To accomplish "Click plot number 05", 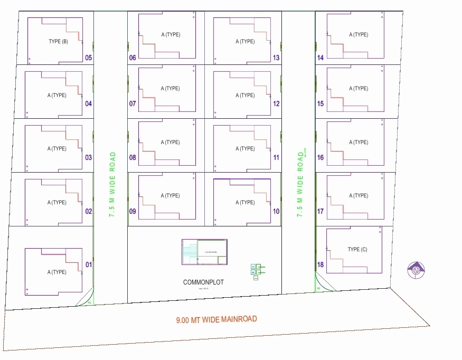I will (x=88, y=58).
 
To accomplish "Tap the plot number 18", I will (x=320, y=264).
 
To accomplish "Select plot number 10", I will (x=276, y=211).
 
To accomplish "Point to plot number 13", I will (x=276, y=58).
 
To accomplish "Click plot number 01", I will (x=88, y=264).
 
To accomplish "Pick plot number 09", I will (x=133, y=211).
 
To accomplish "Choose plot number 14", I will (x=320, y=58).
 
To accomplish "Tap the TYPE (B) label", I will (x=58, y=42).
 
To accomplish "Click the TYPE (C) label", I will (x=357, y=250).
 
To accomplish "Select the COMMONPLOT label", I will (x=203, y=282).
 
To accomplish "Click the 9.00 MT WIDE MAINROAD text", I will (x=216, y=319).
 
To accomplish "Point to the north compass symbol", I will (x=417, y=270).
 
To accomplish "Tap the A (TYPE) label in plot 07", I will (x=171, y=89).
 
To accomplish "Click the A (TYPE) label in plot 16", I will (x=359, y=142).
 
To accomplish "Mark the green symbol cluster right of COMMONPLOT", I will (x=257, y=271).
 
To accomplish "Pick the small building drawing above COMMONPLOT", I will (x=204, y=252).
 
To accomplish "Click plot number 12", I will (x=276, y=103).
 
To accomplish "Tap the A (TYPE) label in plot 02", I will (x=57, y=202).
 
